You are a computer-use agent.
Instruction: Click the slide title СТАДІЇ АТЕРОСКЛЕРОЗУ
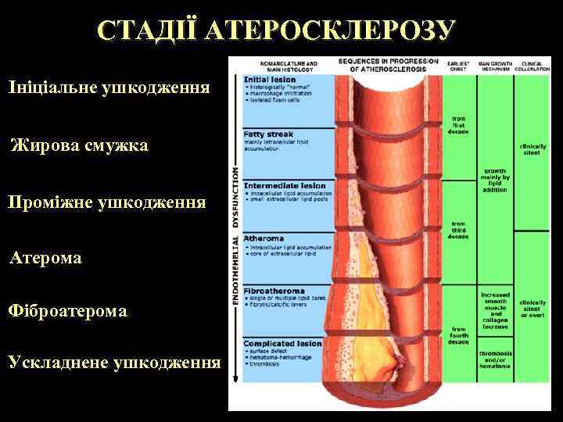[276, 30]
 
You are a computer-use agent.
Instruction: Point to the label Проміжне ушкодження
[107, 202]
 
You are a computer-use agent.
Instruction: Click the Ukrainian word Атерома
[45, 256]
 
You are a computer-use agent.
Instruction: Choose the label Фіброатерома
[66, 311]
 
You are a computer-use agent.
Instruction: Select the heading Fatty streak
[268, 134]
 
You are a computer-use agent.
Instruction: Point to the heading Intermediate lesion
[284, 186]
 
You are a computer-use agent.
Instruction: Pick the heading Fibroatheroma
[274, 291]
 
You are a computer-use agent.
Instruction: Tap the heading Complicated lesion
[281, 343]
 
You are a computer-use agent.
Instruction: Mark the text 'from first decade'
[458, 126]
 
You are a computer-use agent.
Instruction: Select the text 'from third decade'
[458, 230]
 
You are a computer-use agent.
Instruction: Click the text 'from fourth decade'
[458, 334]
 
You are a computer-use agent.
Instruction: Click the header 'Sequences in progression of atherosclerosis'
[388, 64]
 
